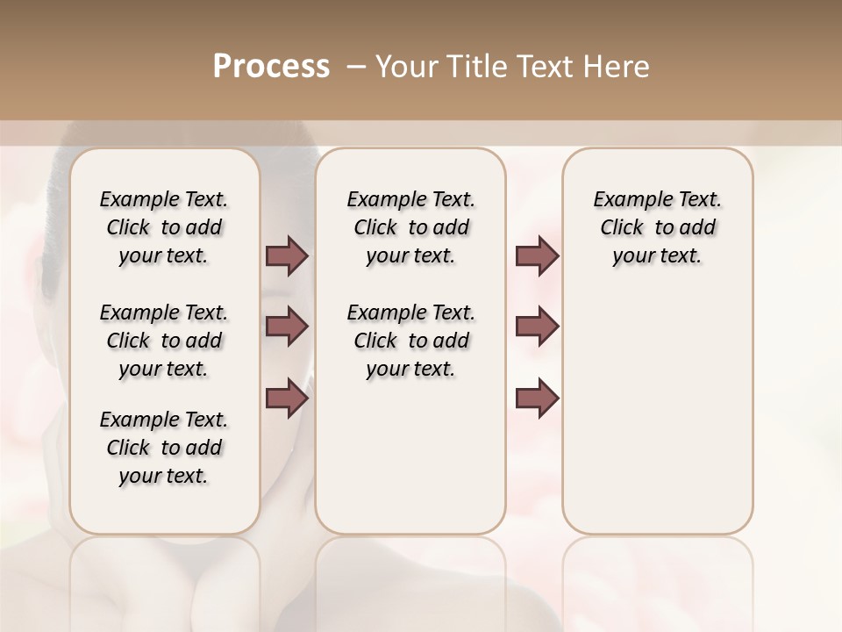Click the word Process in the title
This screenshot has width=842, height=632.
click(271, 67)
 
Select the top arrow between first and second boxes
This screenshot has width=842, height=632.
click(287, 256)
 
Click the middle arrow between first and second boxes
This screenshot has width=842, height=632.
click(287, 327)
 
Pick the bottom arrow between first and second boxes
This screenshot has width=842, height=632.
click(287, 399)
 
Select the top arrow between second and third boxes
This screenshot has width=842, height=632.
click(537, 256)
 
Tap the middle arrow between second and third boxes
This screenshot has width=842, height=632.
click(537, 327)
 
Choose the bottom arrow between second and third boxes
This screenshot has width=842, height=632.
click(537, 399)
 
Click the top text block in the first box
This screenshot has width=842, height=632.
click(164, 227)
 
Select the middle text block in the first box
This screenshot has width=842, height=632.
click(164, 341)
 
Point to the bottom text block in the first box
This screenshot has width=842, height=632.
click(164, 448)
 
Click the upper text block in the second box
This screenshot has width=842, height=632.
click(410, 227)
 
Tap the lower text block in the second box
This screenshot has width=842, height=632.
click(410, 341)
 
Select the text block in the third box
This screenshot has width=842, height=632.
click(657, 227)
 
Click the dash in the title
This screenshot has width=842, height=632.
click(355, 67)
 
